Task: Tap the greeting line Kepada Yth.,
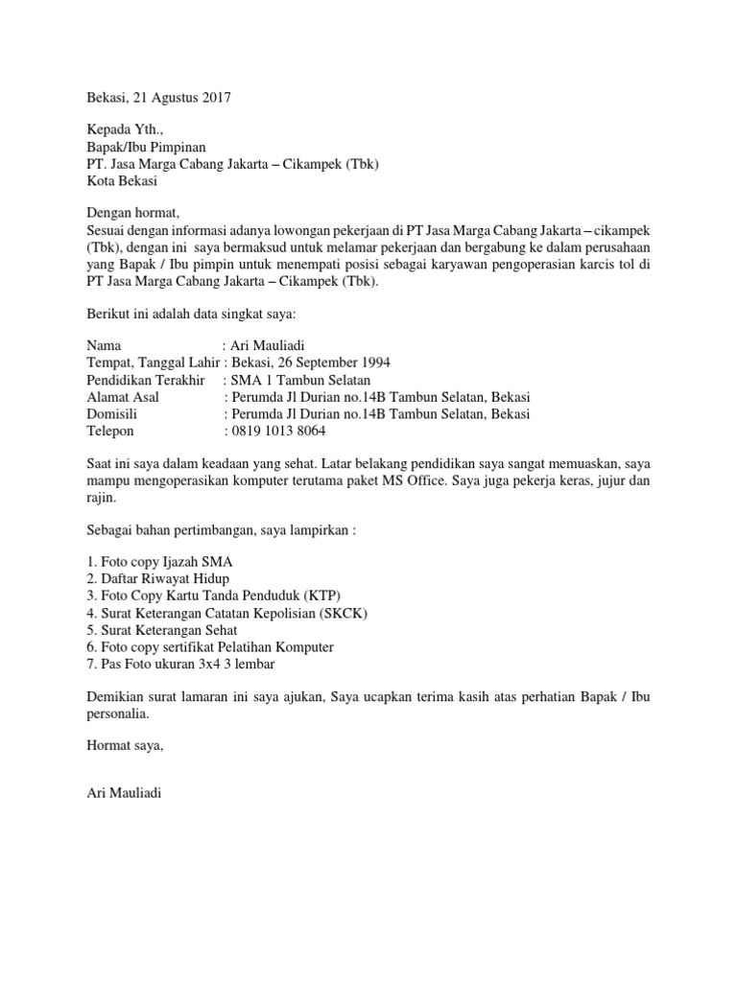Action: [x=119, y=129]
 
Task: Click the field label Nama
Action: [x=105, y=345]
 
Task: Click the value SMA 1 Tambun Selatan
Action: [x=297, y=379]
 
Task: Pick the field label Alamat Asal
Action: [x=123, y=397]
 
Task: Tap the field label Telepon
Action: [x=112, y=432]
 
